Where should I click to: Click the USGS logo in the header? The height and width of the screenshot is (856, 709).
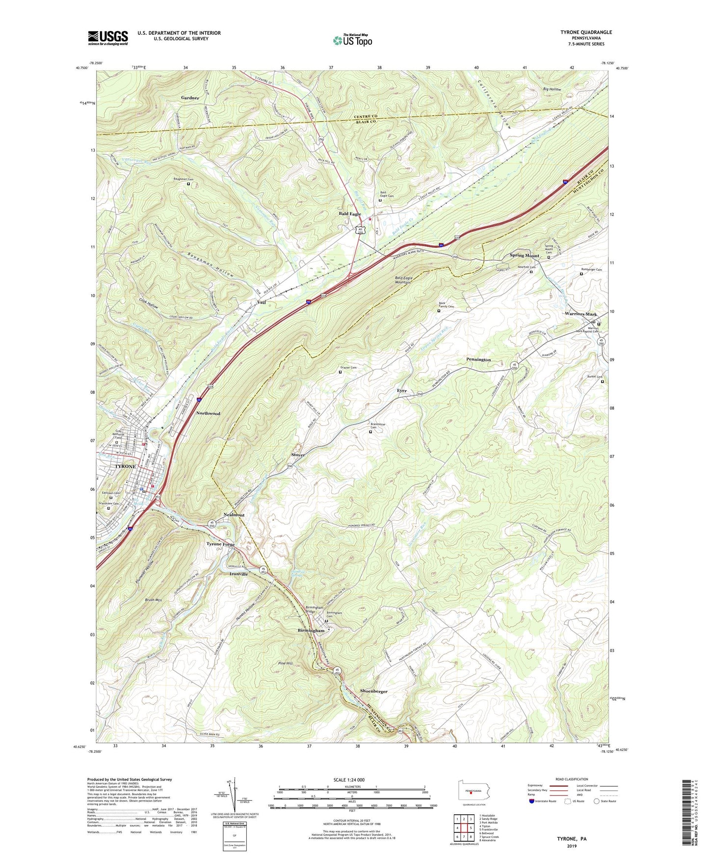108,38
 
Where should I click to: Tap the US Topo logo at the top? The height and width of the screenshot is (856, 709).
352,40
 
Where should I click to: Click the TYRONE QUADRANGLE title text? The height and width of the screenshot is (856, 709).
586,32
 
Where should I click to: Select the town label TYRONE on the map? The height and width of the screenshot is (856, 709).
125,466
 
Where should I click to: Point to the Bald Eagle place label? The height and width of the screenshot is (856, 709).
350,214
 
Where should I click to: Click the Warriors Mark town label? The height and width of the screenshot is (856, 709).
580,314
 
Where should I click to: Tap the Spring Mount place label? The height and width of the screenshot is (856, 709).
524,255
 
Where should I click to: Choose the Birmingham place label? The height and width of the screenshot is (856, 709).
311,630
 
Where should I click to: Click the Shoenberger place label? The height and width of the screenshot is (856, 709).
374,691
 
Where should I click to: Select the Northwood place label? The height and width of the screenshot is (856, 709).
208,413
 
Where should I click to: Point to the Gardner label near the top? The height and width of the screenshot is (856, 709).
190,98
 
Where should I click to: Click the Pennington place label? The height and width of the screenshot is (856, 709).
478,360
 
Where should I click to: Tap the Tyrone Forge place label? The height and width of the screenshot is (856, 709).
220,545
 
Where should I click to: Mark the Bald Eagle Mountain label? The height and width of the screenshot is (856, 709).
404,280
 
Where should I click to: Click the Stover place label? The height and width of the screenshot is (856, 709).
298,455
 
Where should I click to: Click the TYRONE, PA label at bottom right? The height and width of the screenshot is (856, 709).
571,838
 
